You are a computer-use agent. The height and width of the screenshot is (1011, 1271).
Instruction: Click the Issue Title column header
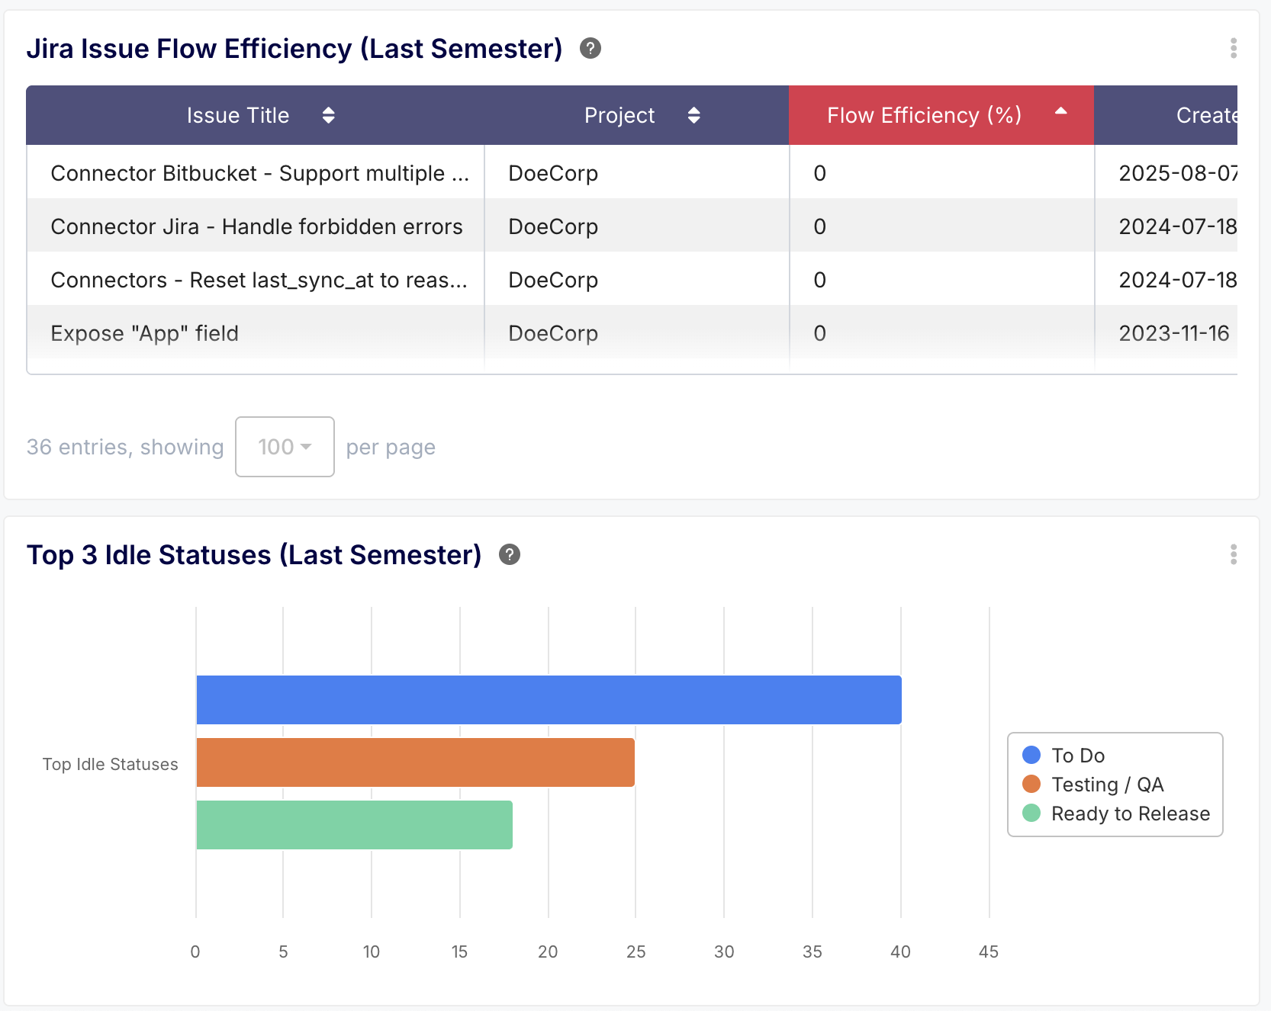238,115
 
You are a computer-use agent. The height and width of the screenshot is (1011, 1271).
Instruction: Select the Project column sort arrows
693,115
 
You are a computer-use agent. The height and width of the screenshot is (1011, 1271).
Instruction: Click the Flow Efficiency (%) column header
924,115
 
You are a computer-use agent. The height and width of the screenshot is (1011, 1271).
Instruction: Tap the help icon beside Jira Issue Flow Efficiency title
590,48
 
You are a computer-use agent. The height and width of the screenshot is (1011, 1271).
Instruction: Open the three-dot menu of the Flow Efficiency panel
1233,48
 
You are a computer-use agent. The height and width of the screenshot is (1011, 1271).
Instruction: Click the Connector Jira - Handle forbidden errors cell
256,226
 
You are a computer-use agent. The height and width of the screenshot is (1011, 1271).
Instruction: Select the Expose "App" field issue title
145,333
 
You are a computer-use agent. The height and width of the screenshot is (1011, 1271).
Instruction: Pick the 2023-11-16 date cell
1173,333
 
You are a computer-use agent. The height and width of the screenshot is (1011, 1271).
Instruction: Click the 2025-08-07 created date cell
1176,173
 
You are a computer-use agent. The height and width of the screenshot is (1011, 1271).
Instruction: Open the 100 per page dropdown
285,447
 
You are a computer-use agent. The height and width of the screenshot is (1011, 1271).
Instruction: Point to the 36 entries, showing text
125,447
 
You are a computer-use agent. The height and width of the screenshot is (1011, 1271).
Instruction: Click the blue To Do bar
549,699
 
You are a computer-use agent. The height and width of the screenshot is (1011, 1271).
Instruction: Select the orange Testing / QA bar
415,762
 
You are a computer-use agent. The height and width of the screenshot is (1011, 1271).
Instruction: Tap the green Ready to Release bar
354,824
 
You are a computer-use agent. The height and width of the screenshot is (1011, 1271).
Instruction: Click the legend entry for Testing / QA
1106,785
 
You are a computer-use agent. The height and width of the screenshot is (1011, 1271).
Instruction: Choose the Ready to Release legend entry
1129,814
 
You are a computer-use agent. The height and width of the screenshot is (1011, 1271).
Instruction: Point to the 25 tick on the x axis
635,952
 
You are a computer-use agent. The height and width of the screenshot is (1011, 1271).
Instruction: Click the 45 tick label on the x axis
988,952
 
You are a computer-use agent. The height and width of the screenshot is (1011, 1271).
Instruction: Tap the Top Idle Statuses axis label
111,764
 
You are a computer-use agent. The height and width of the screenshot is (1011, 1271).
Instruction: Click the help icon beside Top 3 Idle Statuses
509,554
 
